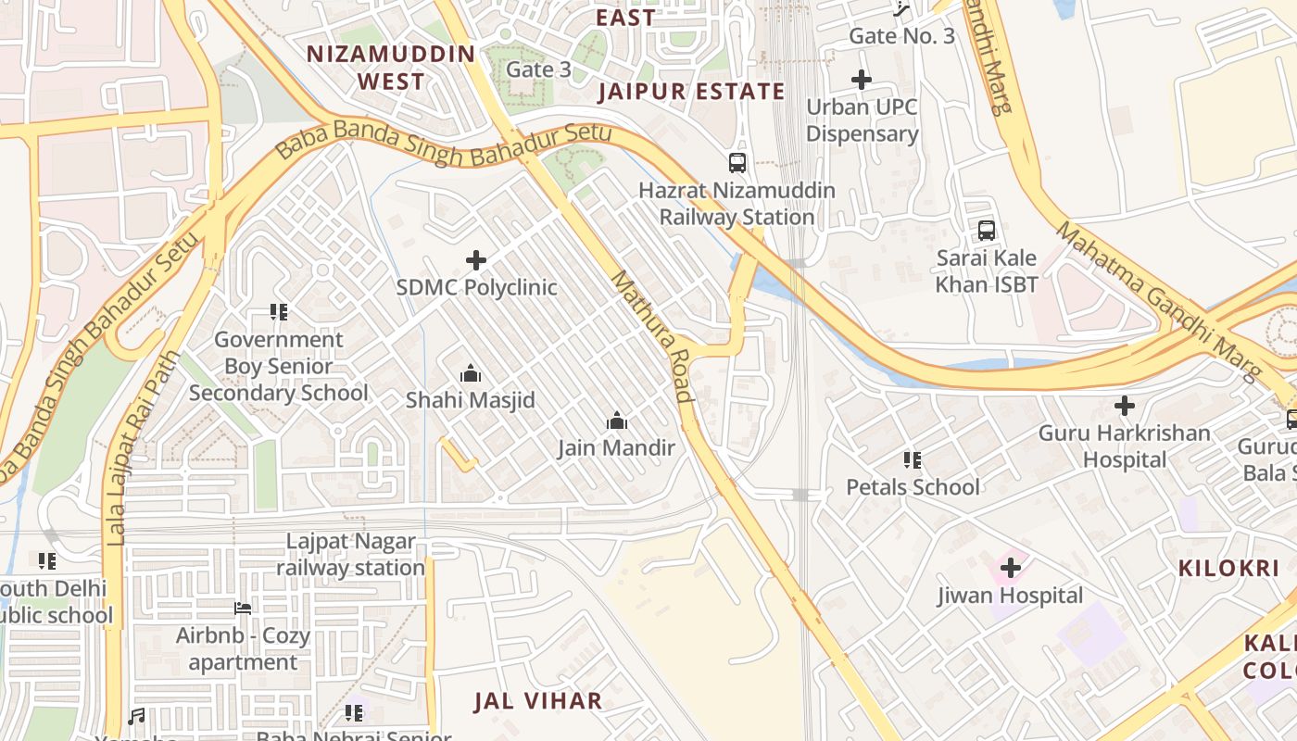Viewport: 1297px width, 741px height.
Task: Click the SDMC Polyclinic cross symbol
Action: pos(476,260)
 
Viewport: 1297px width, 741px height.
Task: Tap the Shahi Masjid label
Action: pos(471,400)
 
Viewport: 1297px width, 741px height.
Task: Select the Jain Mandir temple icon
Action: pos(617,421)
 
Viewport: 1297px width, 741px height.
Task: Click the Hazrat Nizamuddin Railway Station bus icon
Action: pos(737,163)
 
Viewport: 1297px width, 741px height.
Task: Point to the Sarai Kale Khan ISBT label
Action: pos(986,270)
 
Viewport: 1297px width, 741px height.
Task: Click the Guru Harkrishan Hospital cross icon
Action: pos(1124,406)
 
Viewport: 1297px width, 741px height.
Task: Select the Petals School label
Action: pos(913,487)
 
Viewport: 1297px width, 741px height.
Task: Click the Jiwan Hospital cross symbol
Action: pos(1010,567)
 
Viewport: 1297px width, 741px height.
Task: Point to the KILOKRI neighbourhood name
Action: pos(1228,569)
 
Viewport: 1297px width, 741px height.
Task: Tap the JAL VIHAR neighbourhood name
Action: pos(538,701)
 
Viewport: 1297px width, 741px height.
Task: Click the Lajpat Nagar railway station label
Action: pos(350,554)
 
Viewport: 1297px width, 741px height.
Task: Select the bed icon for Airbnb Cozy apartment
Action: pos(243,609)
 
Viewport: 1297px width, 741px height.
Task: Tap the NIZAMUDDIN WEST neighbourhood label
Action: pos(391,67)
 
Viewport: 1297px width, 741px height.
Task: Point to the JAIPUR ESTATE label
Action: pos(691,92)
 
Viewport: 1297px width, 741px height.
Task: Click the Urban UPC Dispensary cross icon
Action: pos(862,80)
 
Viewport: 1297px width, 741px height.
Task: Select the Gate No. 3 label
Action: pos(901,36)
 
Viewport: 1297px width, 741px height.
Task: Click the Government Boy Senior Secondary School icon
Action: pos(278,312)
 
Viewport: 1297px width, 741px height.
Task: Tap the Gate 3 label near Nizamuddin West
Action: pos(538,69)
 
